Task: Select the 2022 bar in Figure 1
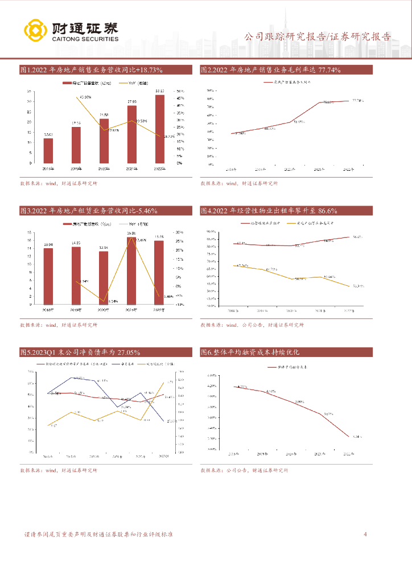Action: coord(160,129)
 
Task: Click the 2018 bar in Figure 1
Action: coord(48,150)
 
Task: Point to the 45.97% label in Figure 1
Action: coord(86,97)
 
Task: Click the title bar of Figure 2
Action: coord(286,69)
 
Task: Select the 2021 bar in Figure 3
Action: coord(131,270)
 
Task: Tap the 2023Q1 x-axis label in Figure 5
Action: coord(164,456)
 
